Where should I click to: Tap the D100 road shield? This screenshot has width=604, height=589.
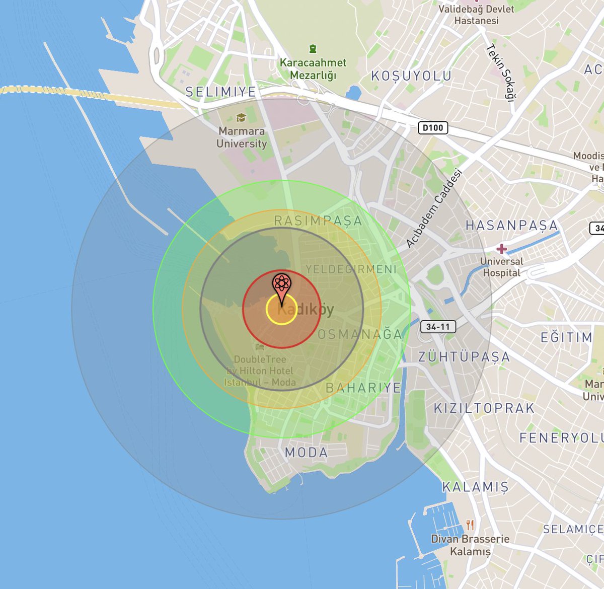433,128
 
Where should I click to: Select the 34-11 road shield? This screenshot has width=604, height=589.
438,327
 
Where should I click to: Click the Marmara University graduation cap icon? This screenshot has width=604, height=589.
242,118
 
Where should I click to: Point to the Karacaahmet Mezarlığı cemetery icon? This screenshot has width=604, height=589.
313,49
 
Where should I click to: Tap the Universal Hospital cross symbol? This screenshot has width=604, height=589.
501,249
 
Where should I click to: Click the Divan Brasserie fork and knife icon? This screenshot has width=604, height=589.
470,525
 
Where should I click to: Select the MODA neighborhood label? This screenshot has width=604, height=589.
307,453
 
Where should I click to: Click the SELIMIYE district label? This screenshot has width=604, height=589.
221,92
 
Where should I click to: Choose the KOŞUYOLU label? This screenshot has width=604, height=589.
411,76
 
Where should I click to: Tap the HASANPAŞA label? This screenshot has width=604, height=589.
511,225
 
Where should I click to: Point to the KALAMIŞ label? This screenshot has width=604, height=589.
475,487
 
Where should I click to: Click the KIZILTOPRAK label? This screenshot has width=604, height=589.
484,408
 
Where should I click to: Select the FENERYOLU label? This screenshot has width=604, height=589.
561,438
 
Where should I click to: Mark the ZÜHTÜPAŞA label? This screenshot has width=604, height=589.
464,357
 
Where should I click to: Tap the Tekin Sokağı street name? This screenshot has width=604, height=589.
500,73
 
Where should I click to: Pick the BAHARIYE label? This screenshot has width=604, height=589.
363,388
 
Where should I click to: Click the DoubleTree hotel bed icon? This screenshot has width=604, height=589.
260,347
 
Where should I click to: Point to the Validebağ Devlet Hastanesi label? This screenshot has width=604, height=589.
476,15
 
